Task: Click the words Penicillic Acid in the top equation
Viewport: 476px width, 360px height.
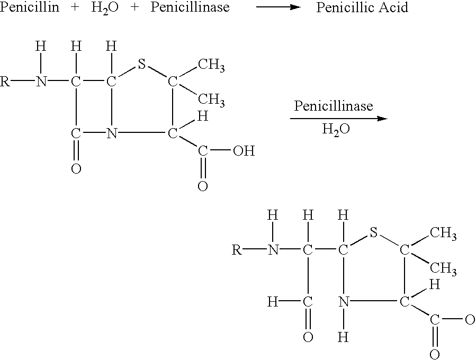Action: coord(362,7)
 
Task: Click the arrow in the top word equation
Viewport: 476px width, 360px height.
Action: coord(279,7)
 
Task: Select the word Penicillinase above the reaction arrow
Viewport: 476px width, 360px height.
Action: coord(334,106)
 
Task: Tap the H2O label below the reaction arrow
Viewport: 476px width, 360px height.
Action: coord(336,130)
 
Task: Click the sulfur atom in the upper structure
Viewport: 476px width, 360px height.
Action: coord(141,64)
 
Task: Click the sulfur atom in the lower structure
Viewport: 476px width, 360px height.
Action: coord(373,233)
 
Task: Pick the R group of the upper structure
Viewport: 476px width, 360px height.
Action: coord(5,82)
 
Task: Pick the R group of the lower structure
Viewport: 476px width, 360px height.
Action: coord(237,250)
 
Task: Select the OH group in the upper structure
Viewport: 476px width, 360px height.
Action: coord(244,150)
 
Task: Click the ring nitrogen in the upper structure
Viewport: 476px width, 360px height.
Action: coord(112,133)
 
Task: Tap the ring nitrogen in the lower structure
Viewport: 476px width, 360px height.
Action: coord(344,302)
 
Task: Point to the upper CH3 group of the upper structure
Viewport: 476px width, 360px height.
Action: coord(211,65)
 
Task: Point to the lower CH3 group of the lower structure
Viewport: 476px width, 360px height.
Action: coord(443,268)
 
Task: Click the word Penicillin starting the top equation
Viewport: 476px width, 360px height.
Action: coord(30,7)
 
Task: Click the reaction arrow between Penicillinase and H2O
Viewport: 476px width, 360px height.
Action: coord(339,119)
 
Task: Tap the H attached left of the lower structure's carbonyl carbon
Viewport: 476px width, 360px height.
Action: coord(273,302)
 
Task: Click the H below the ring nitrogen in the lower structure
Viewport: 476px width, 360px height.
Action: coord(343,337)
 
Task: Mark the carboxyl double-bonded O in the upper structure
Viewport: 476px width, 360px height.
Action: coord(203,186)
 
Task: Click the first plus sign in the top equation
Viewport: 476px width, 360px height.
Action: coord(75,7)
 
